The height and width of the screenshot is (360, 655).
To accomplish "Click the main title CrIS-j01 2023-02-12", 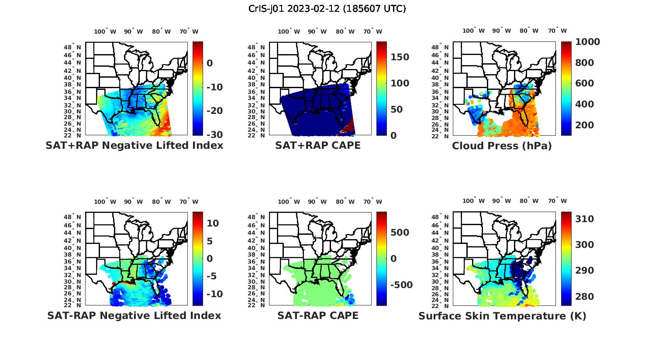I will point(327,9).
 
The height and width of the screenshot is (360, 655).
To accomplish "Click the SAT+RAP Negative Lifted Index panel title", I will point(134,145).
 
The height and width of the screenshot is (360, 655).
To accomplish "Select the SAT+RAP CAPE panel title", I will point(318,145).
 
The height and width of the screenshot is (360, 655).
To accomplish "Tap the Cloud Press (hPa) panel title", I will point(502,146).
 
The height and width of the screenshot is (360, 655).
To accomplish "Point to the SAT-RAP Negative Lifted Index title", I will point(134,315).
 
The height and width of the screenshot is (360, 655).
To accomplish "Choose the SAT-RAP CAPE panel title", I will point(318,315).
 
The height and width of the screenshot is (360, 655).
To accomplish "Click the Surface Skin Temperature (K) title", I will point(502,315).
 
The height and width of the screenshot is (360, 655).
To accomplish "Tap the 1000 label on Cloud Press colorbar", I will point(587,42).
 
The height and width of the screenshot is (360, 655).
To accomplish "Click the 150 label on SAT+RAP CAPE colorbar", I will point(400,57).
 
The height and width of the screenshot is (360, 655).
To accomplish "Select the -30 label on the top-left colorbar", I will point(214,135).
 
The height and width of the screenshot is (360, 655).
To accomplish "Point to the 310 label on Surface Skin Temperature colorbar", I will point(585,219).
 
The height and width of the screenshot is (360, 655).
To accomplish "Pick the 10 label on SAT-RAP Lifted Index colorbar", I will point(213,223).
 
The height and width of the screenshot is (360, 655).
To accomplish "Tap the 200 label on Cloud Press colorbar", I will point(585,125).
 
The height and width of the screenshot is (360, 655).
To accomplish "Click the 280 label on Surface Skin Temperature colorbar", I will point(585,297).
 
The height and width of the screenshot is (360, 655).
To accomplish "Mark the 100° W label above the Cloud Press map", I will point(473,31).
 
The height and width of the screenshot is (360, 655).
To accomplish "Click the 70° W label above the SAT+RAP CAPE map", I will point(373,31).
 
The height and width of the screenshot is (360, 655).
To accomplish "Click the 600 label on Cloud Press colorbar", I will point(585,83).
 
